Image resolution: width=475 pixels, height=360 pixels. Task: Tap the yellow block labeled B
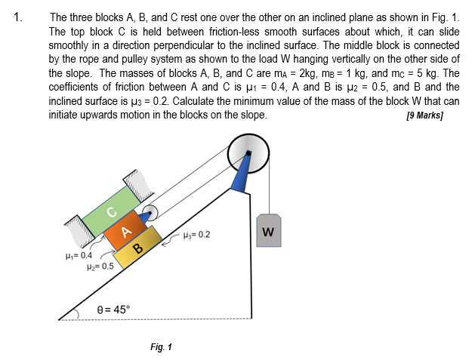(138, 248)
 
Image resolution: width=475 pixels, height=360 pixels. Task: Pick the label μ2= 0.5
(100, 266)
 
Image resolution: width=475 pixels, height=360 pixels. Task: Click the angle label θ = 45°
(114, 309)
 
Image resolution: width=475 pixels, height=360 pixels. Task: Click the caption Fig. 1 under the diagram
(161, 347)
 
